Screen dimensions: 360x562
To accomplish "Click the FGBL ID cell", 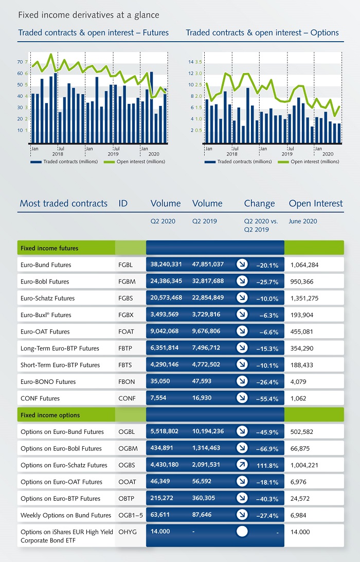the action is tap(125, 265).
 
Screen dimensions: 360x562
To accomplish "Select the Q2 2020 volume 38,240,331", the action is tap(166, 264).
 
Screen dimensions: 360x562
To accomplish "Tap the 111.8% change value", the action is tap(267, 465).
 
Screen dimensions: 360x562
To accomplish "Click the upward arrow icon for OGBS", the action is tap(242, 465).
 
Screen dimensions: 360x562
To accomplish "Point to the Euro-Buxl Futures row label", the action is tap(46, 314).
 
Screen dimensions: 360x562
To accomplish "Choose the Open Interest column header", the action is tap(316, 203).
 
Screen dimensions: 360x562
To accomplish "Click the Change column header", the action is tap(259, 204).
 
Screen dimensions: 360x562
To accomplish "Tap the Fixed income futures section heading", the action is tap(49, 248).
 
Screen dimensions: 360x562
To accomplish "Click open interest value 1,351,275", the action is tap(304, 298).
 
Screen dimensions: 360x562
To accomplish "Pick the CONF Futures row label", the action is tap(40, 398).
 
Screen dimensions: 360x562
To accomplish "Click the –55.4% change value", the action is tap(267, 398).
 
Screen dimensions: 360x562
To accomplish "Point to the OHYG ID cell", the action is tap(128, 532).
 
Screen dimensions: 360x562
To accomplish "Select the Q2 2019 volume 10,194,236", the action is tap(208, 431).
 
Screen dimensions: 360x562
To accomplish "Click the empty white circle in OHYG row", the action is tap(242, 532).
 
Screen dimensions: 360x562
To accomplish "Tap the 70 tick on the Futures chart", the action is tap(20, 62).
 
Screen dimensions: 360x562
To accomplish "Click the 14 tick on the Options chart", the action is tap(191, 62).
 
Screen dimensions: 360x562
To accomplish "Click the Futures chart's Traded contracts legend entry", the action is tap(64, 162).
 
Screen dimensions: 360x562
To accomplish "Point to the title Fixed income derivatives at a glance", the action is tap(89, 15).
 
